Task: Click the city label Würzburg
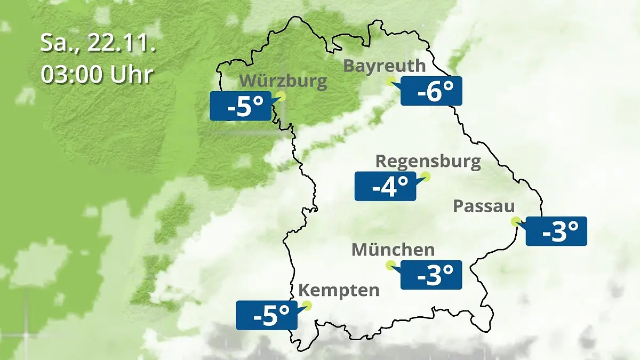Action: (283, 82)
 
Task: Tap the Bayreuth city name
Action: (385, 66)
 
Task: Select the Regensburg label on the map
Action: (428, 161)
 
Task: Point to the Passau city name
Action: (484, 206)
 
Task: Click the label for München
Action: (393, 250)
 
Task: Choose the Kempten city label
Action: (339, 291)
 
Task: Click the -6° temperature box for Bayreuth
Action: (431, 91)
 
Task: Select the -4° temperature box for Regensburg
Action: (385, 186)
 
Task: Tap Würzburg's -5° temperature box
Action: (240, 106)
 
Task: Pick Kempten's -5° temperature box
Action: (266, 315)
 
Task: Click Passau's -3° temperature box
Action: (556, 231)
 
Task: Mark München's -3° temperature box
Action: (430, 275)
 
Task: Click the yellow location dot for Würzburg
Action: (281, 96)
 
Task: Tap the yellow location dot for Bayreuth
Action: (391, 81)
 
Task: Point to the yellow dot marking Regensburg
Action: (425, 176)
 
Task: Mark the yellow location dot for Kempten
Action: (306, 305)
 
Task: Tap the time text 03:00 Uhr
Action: (97, 75)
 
